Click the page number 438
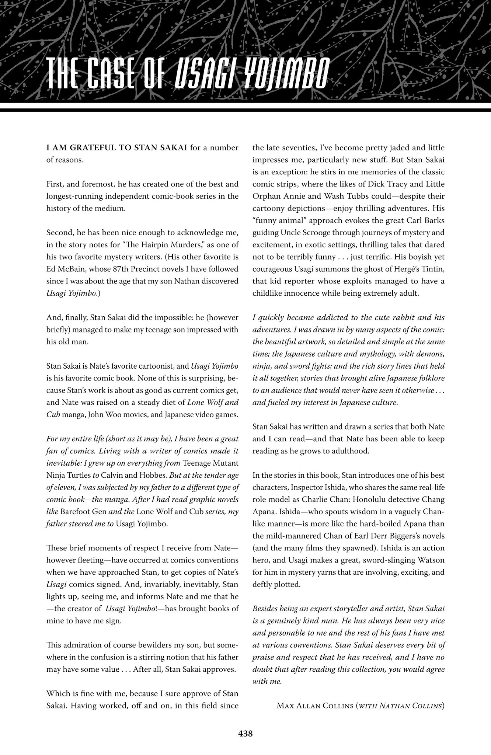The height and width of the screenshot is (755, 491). tap(245, 734)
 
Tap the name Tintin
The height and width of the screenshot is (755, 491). tap(432, 269)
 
